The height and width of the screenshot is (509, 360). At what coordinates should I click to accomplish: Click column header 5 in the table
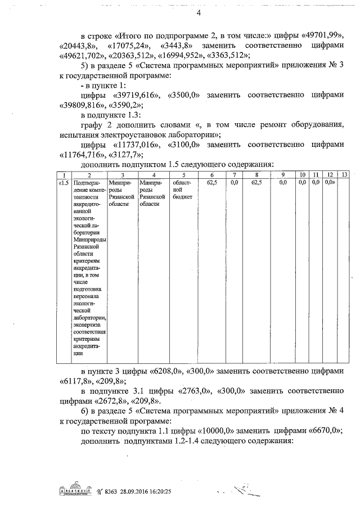click(183, 175)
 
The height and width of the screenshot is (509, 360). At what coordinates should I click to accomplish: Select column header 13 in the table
click(345, 175)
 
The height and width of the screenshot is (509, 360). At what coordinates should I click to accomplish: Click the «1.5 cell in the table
click(64, 183)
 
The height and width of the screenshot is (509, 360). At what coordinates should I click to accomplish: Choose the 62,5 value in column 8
click(256, 183)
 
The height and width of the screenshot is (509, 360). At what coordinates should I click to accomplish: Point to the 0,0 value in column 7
click(235, 183)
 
